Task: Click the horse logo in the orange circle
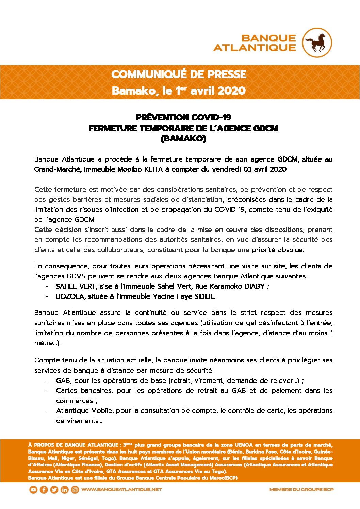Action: pos(317,43)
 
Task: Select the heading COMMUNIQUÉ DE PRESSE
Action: pos(179,74)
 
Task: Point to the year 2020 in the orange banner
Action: pos(231,91)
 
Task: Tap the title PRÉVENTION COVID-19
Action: pos(183,117)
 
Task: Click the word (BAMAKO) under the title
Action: pos(183,139)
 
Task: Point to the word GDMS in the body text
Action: pos(76,276)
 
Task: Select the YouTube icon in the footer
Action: pos(33,490)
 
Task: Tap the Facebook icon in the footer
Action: pos(44,490)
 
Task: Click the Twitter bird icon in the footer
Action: pos(54,490)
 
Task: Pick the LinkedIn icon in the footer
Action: pos(64,490)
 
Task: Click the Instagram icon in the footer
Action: pos(75,490)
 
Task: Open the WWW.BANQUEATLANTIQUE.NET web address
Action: pos(121,490)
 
